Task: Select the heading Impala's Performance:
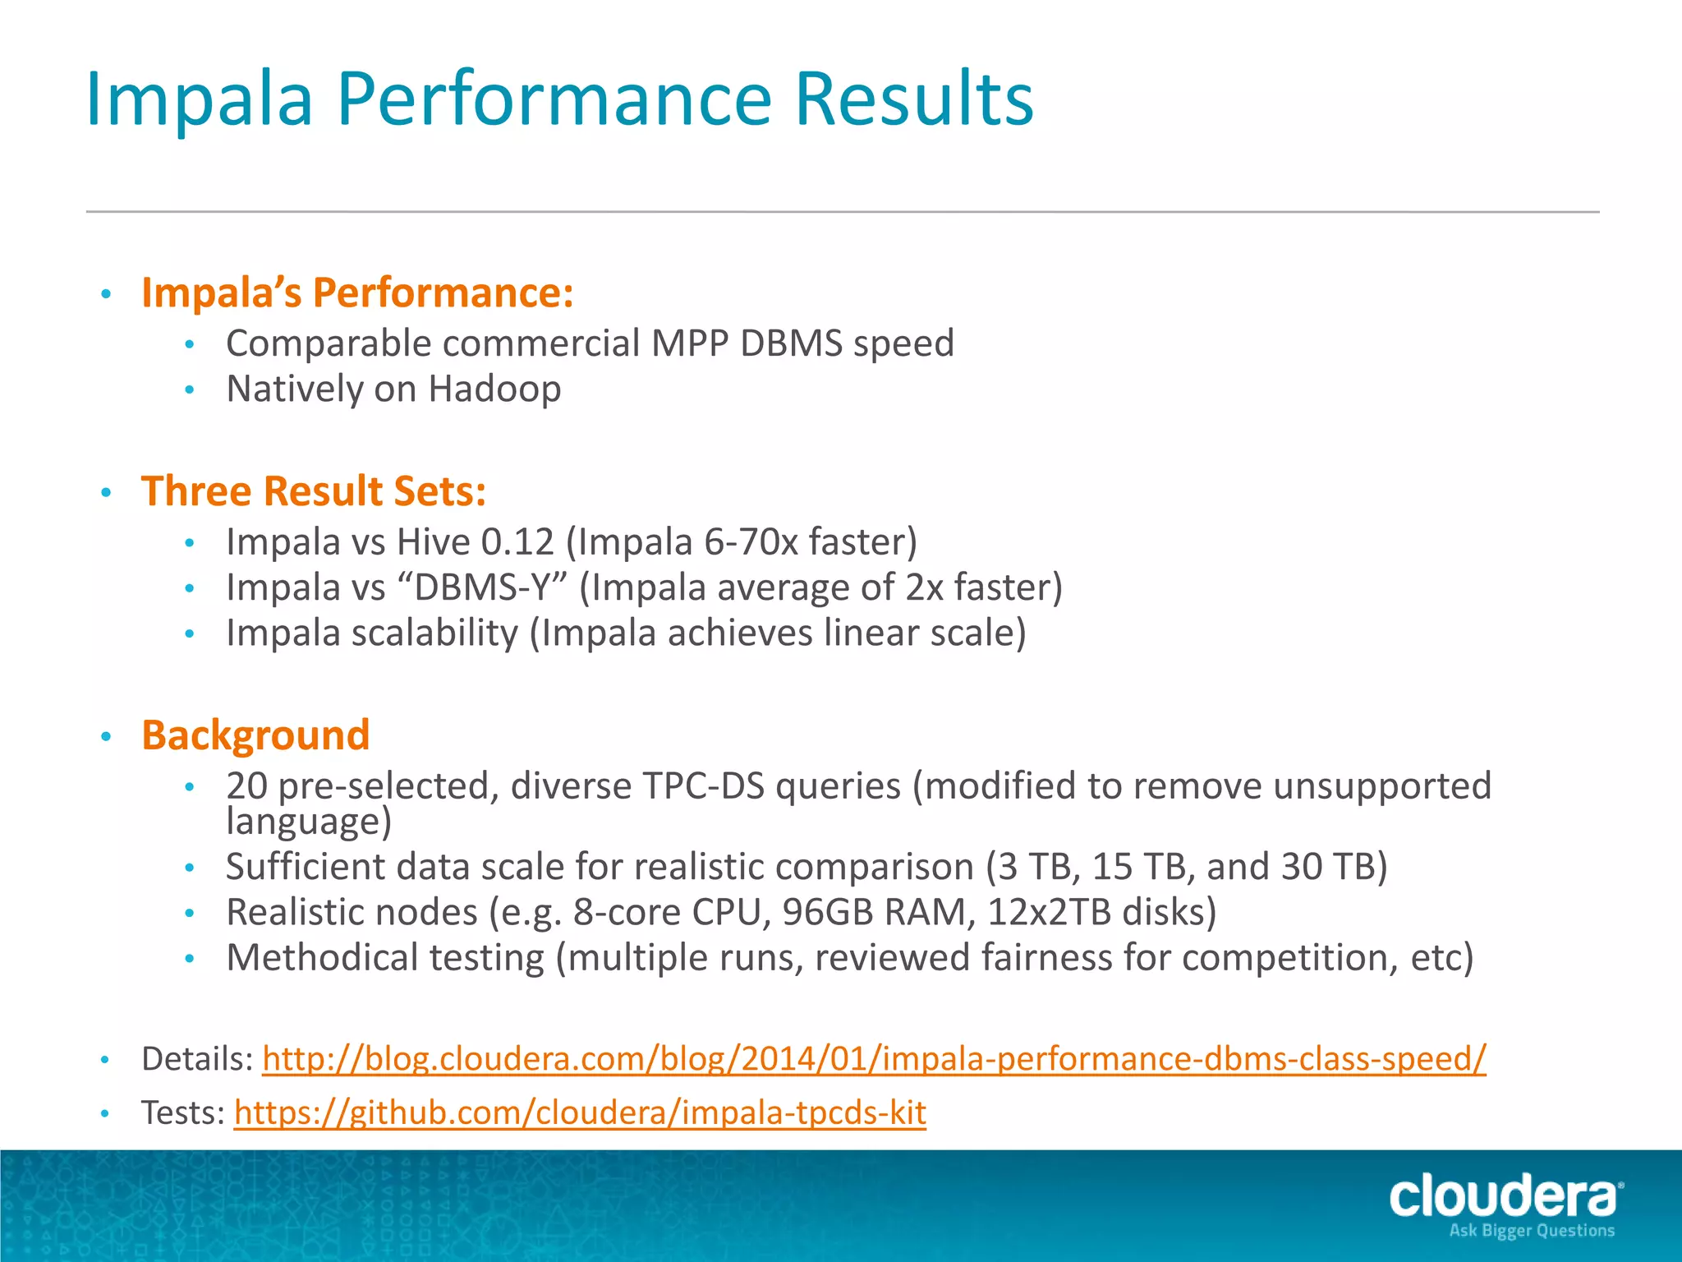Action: click(x=357, y=292)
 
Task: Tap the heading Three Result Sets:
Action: click(x=314, y=491)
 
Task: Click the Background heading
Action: click(x=255, y=735)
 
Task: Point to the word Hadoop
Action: click(x=494, y=389)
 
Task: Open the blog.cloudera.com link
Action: click(x=874, y=1058)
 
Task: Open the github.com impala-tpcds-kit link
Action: click(x=580, y=1112)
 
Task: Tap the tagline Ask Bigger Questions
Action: click(x=1532, y=1231)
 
